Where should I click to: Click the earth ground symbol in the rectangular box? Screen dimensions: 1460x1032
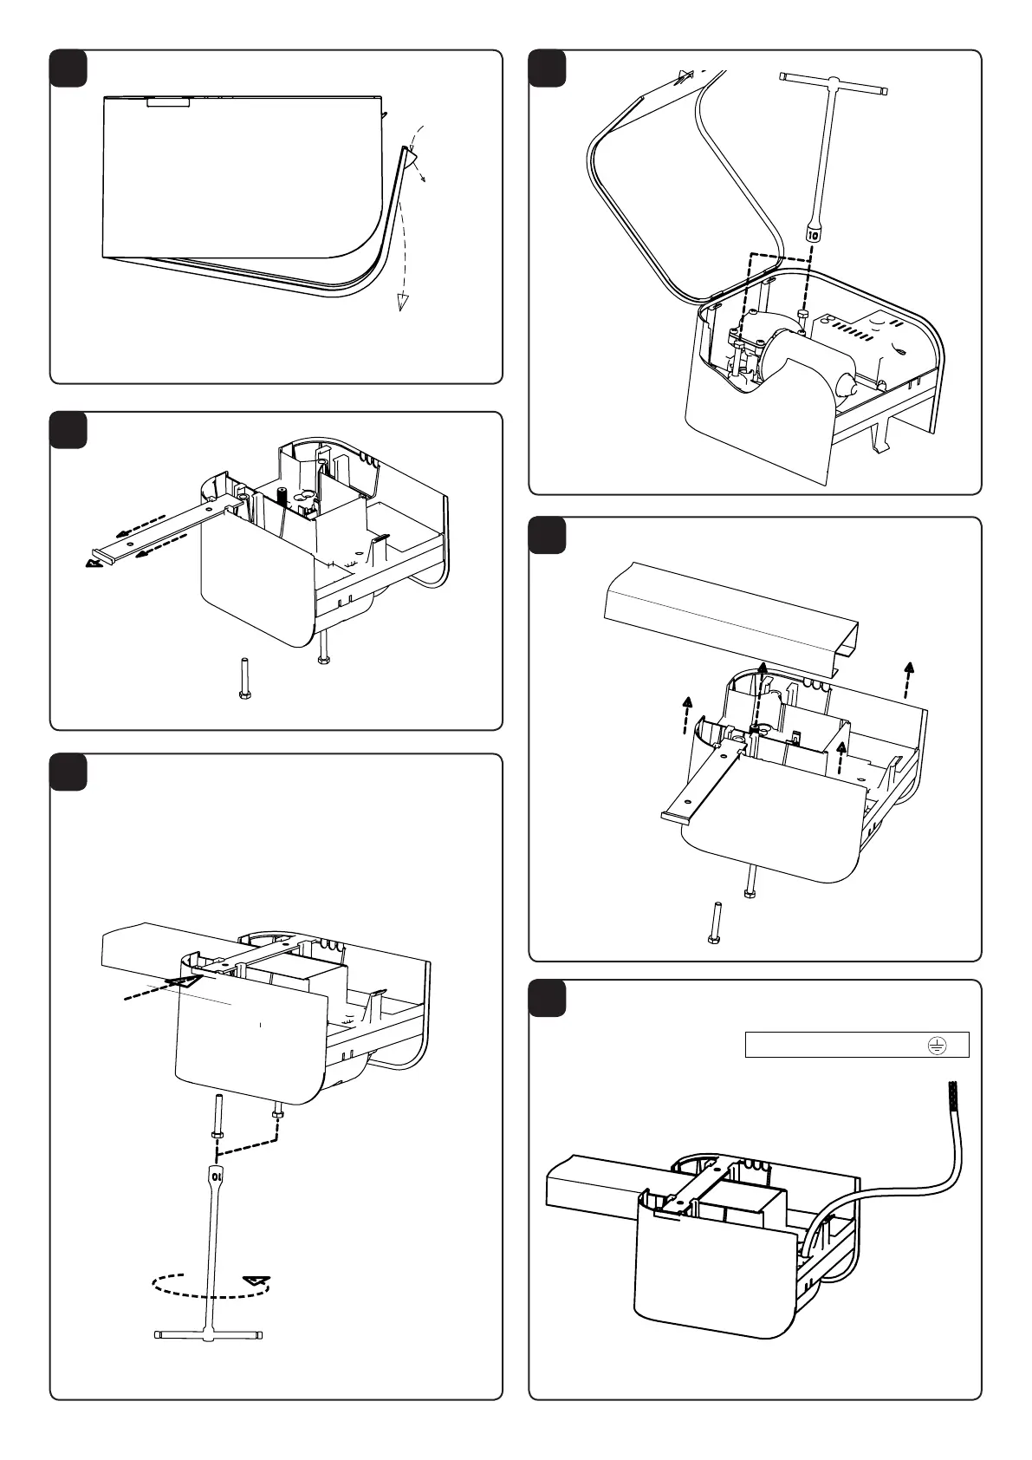(935, 1046)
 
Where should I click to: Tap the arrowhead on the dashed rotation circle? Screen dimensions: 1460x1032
(254, 1279)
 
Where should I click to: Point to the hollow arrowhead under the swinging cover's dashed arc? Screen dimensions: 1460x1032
(401, 301)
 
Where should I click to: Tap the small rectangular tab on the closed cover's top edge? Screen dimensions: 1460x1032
(167, 101)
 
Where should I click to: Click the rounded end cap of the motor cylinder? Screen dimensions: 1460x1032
(844, 379)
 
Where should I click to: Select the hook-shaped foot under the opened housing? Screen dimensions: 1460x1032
(879, 439)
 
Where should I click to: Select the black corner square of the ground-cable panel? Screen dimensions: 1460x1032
(547, 998)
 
